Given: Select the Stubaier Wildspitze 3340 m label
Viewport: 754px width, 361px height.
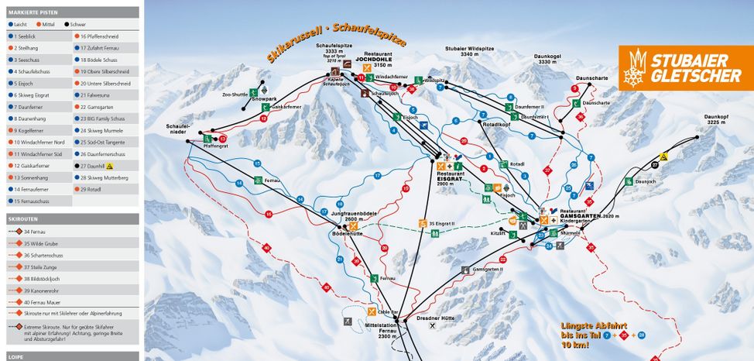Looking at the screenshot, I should tap(469, 52).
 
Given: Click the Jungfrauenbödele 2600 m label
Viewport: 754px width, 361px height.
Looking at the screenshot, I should tap(353, 216).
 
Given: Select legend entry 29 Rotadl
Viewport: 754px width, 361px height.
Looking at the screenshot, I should tap(91, 188).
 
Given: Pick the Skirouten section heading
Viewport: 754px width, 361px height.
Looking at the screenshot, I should tap(24, 219).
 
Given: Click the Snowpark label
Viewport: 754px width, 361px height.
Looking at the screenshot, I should tap(264, 100).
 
